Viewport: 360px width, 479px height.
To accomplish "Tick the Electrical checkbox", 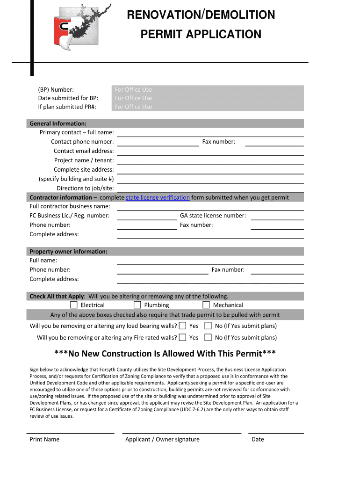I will [x=73, y=305].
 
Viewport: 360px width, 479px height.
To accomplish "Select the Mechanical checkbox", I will [x=206, y=305].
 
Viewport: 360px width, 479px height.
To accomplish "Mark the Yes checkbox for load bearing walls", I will [x=182, y=326].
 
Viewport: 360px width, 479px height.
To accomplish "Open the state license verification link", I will [x=158, y=197].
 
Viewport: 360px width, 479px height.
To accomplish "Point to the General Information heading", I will [x=58, y=123].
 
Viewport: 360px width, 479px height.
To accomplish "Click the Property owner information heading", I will [x=68, y=252].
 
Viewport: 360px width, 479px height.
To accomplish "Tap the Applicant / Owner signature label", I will [x=162, y=439].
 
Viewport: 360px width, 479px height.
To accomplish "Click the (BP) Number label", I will [x=56, y=89].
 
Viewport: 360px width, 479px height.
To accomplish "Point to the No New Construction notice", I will [x=165, y=353].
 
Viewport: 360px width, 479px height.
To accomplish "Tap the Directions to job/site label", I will [x=85, y=188].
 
